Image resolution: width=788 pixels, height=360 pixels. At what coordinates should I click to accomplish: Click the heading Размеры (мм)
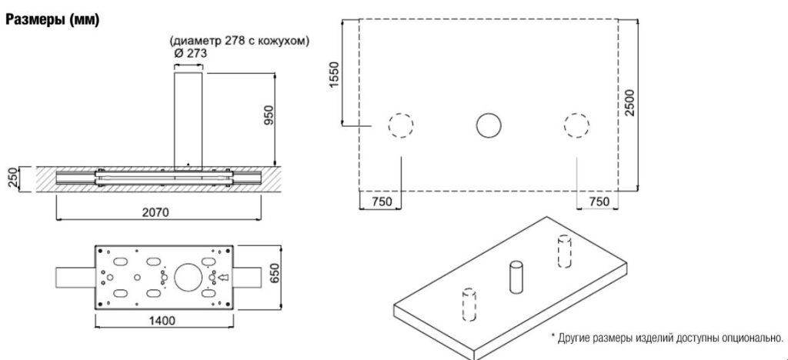[x=52, y=21]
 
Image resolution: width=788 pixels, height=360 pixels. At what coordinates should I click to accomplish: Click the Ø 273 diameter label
[x=189, y=54]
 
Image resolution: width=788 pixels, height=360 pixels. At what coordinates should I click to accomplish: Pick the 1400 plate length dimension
[x=162, y=320]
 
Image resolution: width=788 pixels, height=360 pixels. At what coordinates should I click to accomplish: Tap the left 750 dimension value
[x=382, y=202]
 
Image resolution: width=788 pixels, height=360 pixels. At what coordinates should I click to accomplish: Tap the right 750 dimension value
[x=598, y=202]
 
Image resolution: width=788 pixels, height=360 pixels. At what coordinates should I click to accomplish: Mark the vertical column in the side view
[x=189, y=119]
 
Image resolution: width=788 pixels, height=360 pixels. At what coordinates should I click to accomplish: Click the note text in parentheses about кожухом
[x=239, y=42]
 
